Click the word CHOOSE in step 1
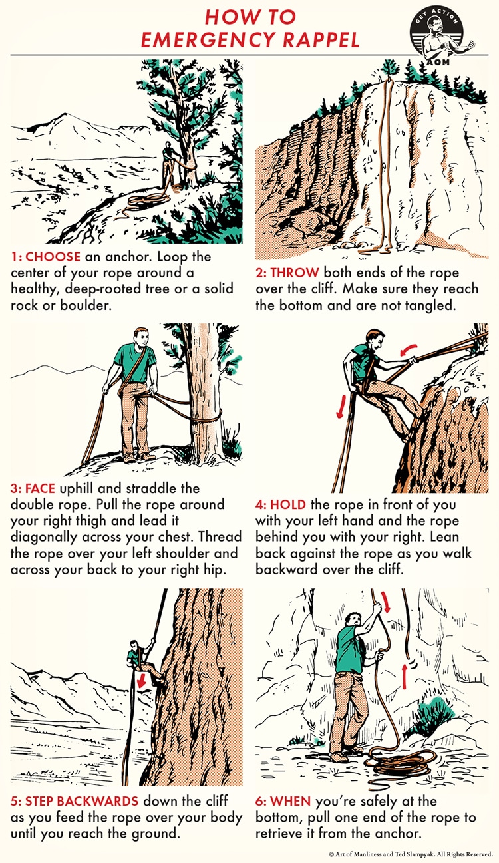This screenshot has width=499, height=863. pyautogui.click(x=53, y=257)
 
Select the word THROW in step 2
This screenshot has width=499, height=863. pyautogui.click(x=294, y=273)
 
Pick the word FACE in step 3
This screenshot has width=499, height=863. pyautogui.click(x=40, y=488)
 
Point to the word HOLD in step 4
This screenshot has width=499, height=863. pyautogui.click(x=288, y=504)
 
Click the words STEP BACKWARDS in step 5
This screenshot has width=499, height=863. pyautogui.click(x=82, y=801)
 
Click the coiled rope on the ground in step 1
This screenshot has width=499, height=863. pyautogui.click(x=148, y=201)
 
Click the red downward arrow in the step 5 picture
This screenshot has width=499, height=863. pyautogui.click(x=142, y=681)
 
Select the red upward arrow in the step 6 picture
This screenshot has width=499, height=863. pyautogui.click(x=405, y=676)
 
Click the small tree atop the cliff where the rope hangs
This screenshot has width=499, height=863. pyautogui.click(x=390, y=69)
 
